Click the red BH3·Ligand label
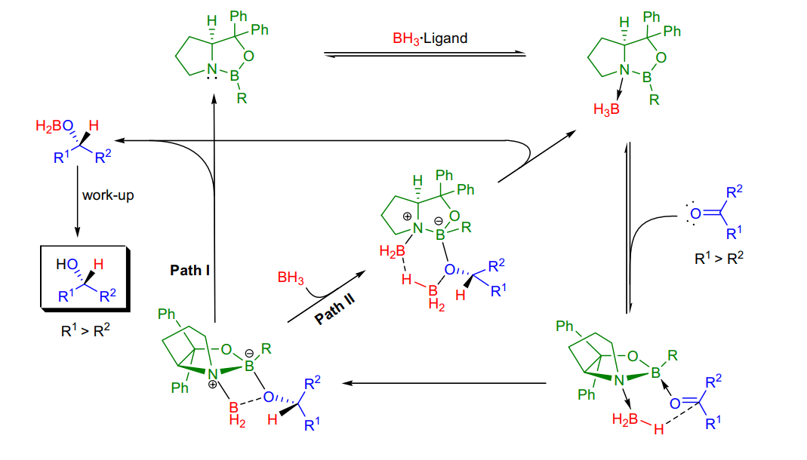[430, 38]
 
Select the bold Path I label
[190, 271]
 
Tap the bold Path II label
[335, 309]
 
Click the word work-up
[108, 195]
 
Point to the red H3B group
[606, 109]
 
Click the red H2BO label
[54, 126]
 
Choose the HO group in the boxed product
[67, 265]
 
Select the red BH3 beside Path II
[291, 278]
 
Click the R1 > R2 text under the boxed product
[85, 330]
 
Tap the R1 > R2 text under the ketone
[719, 258]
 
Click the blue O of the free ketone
[695, 214]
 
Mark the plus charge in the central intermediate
[407, 216]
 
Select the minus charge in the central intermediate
[438, 221]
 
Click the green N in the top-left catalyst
[211, 69]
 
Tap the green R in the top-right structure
[655, 100]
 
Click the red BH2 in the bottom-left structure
[236, 414]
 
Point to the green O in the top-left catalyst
[248, 56]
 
